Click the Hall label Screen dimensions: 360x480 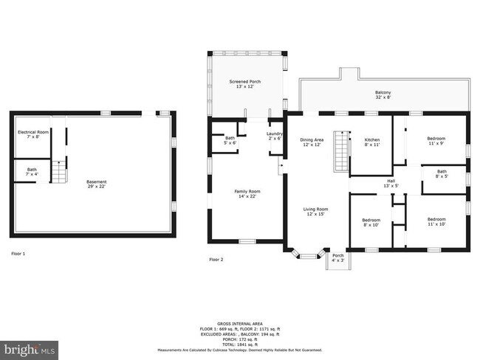click(x=391, y=183)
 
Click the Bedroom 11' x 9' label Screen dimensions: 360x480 click(x=436, y=140)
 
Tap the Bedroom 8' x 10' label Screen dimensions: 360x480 click(x=371, y=223)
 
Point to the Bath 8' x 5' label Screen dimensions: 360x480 click(x=441, y=174)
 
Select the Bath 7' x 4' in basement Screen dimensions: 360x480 click(x=32, y=172)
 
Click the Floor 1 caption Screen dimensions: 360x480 click(x=18, y=254)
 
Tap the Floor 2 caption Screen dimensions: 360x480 click(x=216, y=259)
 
